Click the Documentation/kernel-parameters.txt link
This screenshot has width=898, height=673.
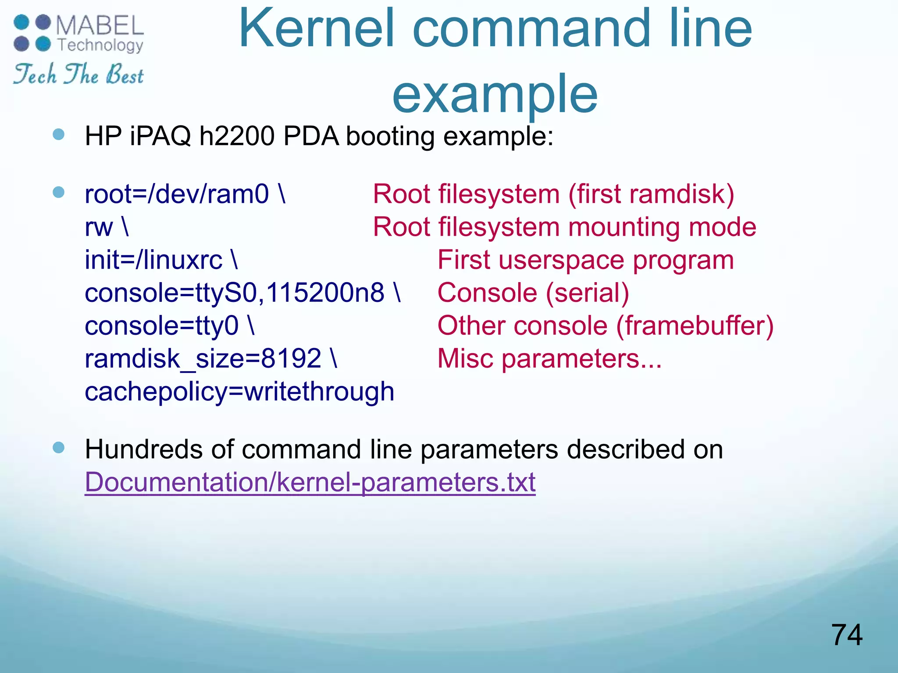[310, 482]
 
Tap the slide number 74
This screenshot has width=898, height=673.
[846, 635]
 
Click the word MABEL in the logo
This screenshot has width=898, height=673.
[100, 26]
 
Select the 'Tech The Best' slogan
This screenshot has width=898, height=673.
[78, 74]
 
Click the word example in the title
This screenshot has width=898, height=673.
[495, 93]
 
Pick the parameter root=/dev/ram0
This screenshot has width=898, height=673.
[177, 194]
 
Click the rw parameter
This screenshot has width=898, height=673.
[99, 227]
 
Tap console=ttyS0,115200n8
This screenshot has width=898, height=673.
[235, 293]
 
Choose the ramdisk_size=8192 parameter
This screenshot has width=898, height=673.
[203, 358]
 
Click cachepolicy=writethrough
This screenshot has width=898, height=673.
[239, 391]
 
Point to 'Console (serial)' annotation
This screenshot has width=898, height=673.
[533, 293]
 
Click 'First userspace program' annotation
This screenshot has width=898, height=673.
[585, 260]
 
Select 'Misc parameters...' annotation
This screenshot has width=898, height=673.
[549, 358]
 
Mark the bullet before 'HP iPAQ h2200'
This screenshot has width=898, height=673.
[58, 134]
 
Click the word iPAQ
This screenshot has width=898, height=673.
[160, 136]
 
